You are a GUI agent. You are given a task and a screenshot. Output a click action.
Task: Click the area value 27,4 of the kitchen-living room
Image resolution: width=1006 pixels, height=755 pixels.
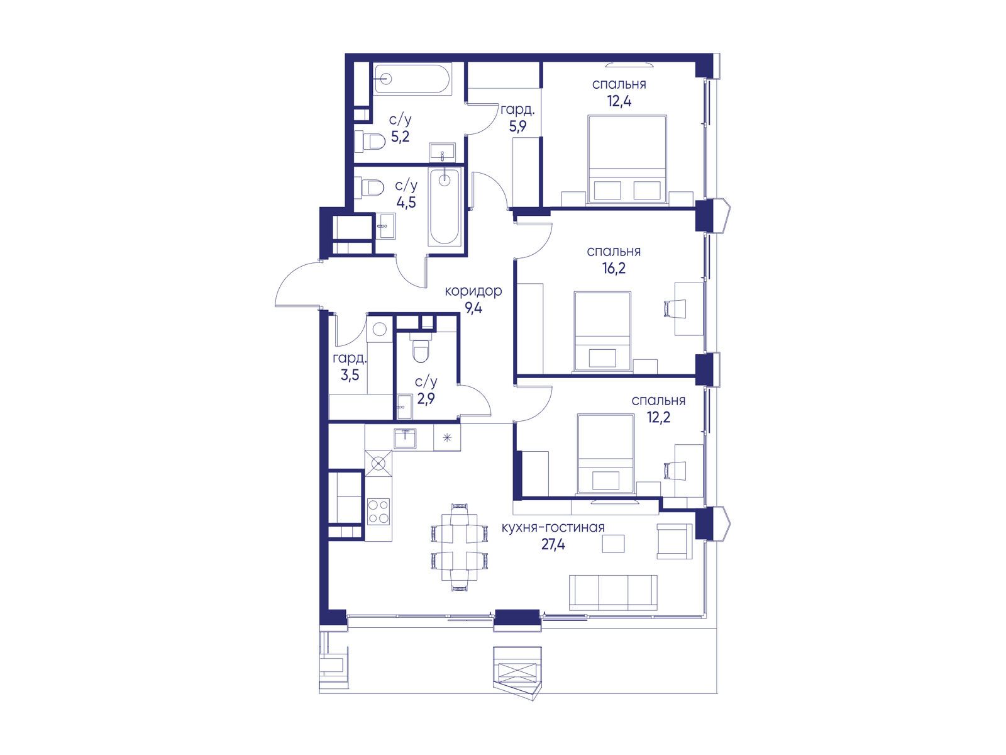tap(553, 545)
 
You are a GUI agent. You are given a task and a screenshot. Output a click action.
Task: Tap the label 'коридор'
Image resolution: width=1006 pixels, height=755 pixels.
tap(473, 291)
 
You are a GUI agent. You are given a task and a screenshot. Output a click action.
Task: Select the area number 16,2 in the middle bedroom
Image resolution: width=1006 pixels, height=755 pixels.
tap(614, 268)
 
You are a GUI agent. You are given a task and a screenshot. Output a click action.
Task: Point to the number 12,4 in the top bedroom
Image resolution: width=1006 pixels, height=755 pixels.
tap(619, 101)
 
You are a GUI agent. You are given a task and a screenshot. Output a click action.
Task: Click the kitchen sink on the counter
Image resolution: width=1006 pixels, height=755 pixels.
tap(405, 439)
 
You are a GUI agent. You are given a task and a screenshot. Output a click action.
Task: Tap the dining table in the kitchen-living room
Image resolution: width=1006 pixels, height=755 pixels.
tap(459, 547)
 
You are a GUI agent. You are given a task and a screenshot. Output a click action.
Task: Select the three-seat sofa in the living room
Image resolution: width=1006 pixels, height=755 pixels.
tap(613, 593)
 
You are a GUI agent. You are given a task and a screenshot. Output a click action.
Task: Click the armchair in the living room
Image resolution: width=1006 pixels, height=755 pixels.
tap(674, 541)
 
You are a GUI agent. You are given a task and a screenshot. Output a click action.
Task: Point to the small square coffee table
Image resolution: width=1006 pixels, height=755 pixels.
tap(613, 544)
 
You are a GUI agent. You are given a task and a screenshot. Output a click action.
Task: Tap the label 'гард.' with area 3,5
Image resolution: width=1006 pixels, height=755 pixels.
tap(350, 359)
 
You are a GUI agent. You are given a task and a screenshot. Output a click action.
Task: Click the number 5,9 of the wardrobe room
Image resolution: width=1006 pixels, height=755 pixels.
tap(517, 126)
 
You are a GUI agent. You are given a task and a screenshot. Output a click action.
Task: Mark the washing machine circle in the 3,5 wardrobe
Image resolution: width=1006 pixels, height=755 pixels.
tap(379, 329)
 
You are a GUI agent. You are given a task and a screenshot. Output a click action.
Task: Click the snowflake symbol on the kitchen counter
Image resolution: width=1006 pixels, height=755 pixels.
tap(447, 438)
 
